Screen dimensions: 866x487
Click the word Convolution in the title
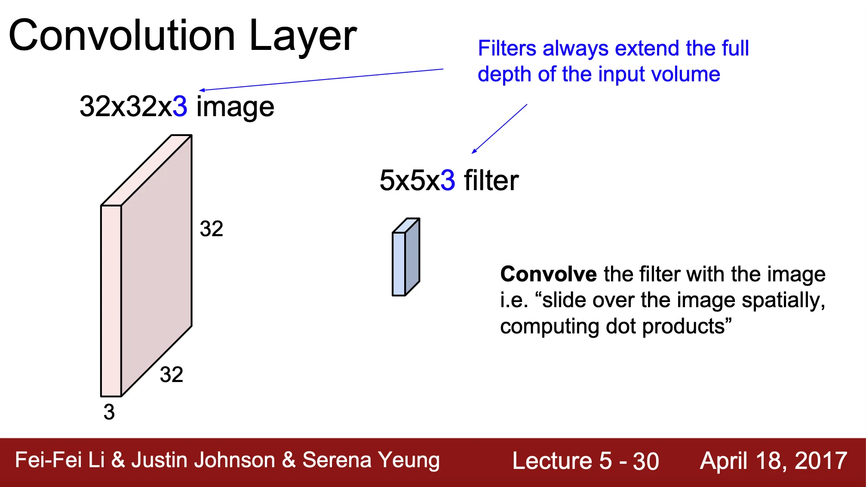pyautogui.click(x=122, y=35)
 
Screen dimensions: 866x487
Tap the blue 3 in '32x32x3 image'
pyautogui.click(x=180, y=106)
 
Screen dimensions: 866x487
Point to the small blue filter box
pyautogui.click(x=406, y=257)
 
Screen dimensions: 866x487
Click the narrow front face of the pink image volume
pyautogui.click(x=111, y=301)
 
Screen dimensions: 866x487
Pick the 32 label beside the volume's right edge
pyautogui.click(x=212, y=228)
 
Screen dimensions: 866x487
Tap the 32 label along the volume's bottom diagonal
pyautogui.click(x=172, y=374)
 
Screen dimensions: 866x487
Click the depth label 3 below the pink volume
pyautogui.click(x=109, y=412)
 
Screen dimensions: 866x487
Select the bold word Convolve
pyautogui.click(x=549, y=274)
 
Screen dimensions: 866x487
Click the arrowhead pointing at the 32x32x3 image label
pyautogui.click(x=202, y=90)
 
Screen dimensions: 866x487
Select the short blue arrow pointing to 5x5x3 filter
pyautogui.click(x=499, y=129)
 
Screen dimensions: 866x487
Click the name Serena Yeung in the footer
pyautogui.click(x=371, y=460)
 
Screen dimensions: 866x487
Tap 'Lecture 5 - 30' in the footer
pyautogui.click(x=586, y=461)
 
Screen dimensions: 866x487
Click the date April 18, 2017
pyautogui.click(x=774, y=461)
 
